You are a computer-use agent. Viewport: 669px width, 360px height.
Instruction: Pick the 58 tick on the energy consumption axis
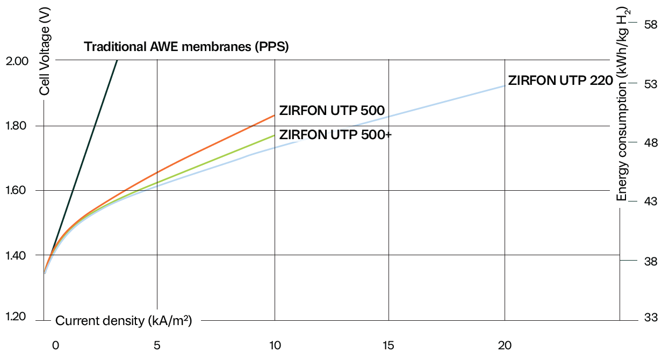[651, 24]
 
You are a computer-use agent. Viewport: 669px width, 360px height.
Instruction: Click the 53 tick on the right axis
[651, 84]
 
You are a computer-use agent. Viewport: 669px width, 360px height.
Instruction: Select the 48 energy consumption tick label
[651, 143]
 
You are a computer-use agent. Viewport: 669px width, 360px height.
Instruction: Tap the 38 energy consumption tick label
[651, 262]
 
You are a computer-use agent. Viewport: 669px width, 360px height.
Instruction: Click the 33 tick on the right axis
[651, 317]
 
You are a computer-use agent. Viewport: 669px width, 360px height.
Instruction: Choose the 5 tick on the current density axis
[157, 345]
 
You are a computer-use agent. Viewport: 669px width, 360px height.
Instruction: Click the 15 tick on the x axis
[388, 345]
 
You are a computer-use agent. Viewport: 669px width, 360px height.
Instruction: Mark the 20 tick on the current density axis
[505, 345]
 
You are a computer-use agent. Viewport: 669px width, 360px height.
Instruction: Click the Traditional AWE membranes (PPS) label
[186, 47]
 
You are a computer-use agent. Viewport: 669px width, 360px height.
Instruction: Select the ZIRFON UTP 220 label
[560, 81]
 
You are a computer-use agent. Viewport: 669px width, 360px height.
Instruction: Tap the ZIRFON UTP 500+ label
[336, 134]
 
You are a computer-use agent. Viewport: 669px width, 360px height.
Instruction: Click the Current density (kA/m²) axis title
[124, 321]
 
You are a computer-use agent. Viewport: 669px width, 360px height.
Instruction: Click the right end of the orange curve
[275, 115]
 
